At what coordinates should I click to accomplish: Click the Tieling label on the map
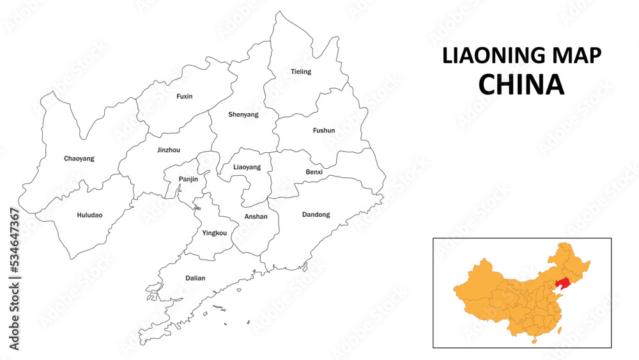(301, 72)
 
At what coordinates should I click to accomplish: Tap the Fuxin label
(185, 97)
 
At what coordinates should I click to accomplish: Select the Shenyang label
(243, 115)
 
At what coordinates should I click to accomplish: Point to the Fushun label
(324, 130)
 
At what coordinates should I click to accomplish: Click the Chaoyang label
(79, 159)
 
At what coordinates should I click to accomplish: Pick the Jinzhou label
(169, 150)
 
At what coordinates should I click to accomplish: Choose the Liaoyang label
(247, 167)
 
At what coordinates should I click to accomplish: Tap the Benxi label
(314, 172)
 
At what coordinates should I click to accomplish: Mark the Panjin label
(189, 179)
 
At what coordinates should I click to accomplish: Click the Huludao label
(89, 215)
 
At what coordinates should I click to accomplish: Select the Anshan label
(256, 217)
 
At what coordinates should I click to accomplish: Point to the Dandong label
(316, 215)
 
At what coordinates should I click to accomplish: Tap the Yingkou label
(215, 233)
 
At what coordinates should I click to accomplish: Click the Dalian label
(196, 278)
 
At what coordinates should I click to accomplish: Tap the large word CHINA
(522, 84)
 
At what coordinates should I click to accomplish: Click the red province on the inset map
(562, 284)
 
